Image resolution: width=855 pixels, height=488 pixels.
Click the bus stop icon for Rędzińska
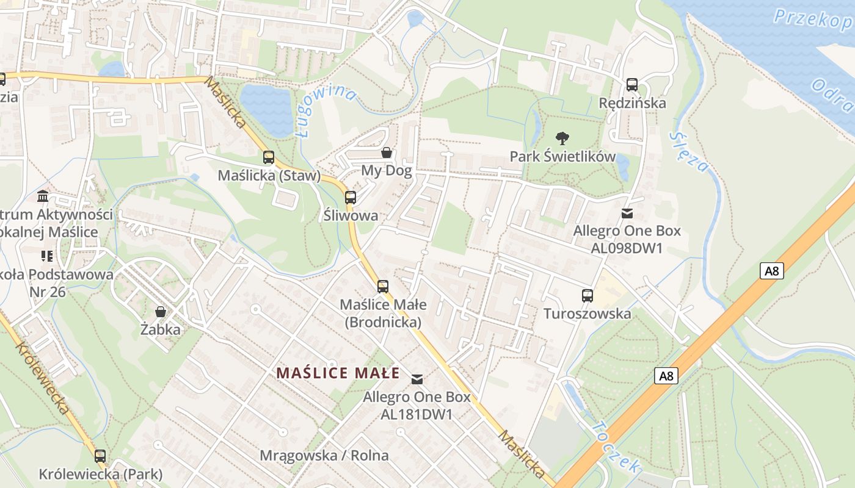[x=632, y=85]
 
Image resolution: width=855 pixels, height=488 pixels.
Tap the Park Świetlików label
[x=562, y=157]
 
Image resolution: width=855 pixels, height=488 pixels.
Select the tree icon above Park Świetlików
[x=562, y=138]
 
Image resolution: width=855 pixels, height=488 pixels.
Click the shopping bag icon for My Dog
[x=387, y=152]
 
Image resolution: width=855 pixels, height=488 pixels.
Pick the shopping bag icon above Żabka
[x=161, y=312]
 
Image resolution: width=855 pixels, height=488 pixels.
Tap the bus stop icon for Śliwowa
[x=351, y=198]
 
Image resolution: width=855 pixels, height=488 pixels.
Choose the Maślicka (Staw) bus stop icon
[x=269, y=157]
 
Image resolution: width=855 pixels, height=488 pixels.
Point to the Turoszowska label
[x=588, y=314]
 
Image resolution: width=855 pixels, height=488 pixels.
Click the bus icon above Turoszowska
[x=588, y=296]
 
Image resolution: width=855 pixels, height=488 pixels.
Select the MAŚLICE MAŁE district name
[x=338, y=373]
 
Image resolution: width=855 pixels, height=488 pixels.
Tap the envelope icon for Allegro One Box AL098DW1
[x=627, y=213]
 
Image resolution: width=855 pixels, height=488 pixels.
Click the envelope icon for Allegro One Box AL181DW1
[x=417, y=379]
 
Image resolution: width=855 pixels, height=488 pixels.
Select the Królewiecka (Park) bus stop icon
[x=100, y=456]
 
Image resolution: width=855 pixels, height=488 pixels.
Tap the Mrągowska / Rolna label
[x=324, y=456]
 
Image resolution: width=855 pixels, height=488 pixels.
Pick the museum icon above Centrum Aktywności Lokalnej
[x=43, y=196]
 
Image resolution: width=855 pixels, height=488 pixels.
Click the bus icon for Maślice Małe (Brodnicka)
[x=383, y=286]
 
